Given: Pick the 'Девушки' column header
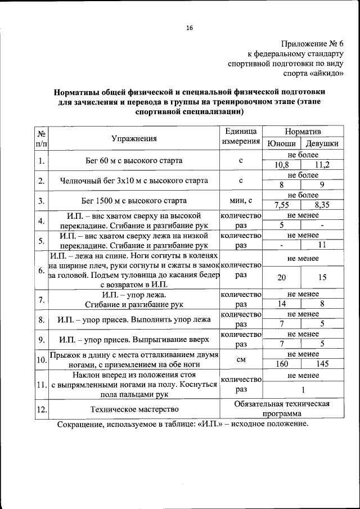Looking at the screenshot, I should pyautogui.click(x=322, y=143).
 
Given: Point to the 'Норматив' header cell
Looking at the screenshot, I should pyautogui.click(x=303, y=131).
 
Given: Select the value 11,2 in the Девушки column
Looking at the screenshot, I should pyautogui.click(x=322, y=165).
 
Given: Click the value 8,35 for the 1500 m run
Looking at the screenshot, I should pyautogui.click(x=322, y=205).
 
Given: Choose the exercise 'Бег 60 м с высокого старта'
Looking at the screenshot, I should pyautogui.click(x=134, y=160).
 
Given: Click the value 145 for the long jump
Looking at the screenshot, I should pyautogui.click(x=322, y=364).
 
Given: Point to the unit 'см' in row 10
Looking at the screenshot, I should pyautogui.click(x=240, y=359).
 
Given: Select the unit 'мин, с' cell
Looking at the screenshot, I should pyautogui.click(x=240, y=200).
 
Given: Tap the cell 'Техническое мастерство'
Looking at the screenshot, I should pyautogui.click(x=134, y=409).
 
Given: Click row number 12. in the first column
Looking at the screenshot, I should pyautogui.click(x=41, y=409).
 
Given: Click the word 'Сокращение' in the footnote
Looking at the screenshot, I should pyautogui.click(x=79, y=424).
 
